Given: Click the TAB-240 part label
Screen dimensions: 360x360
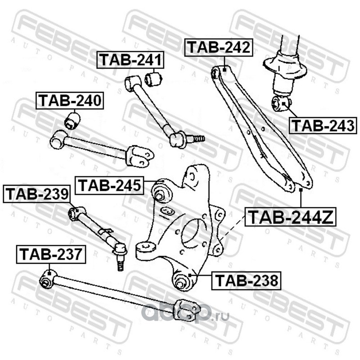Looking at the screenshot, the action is (70, 101).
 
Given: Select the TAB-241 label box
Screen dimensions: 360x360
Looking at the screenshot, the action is (131, 60).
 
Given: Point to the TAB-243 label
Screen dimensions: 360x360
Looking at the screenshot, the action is (322, 125).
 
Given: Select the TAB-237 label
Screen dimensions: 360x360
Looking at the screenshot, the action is (50, 255).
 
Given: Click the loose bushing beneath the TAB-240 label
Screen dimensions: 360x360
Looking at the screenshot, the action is (72, 120).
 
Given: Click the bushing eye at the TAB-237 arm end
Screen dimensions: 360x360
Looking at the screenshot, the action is (46, 281).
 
